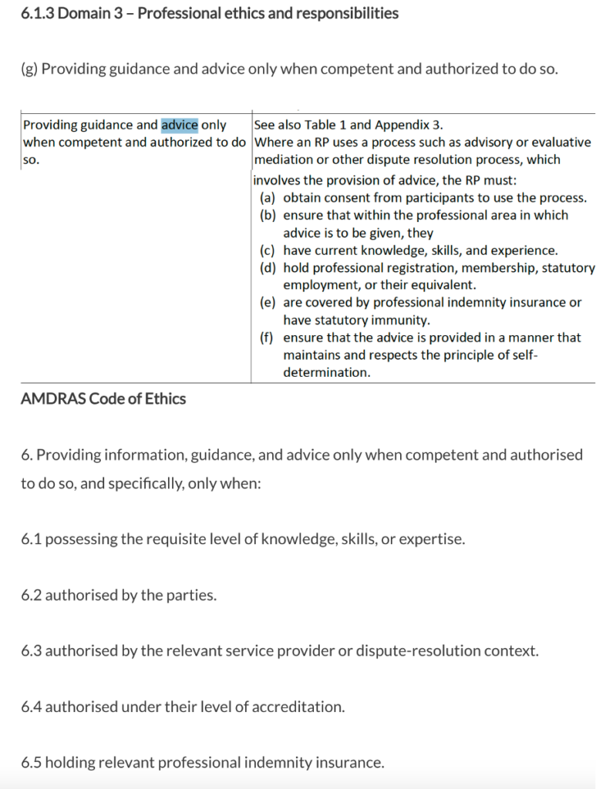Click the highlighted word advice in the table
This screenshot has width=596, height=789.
tap(180, 125)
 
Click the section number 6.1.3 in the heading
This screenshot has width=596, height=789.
tap(37, 14)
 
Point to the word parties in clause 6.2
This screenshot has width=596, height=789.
tap(189, 595)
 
